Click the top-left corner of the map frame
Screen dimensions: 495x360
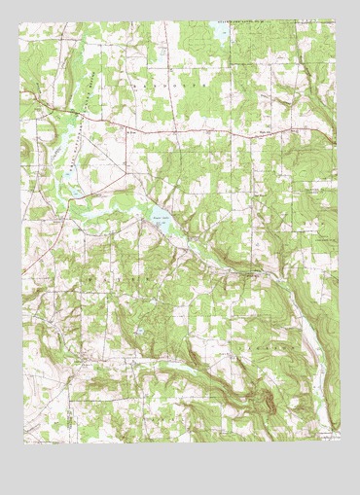[x=24, y=22]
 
